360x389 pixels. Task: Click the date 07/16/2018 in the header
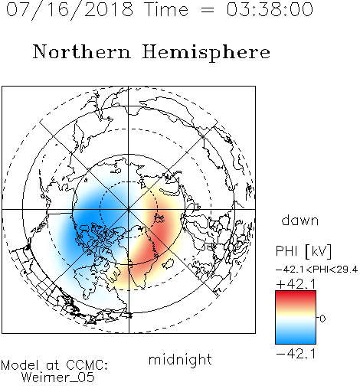(70, 10)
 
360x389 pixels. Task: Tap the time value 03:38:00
(270, 9)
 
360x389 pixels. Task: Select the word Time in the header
(166, 9)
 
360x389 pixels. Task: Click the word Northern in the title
(82, 52)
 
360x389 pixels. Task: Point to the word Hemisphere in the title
(206, 53)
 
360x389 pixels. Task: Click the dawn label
(300, 220)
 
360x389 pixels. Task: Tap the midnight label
(180, 359)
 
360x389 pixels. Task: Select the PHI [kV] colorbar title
(304, 251)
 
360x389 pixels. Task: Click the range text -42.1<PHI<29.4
(317, 270)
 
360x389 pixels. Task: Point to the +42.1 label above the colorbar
(296, 284)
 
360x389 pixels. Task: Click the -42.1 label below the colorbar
(296, 354)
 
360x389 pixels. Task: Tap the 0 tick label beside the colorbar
(322, 319)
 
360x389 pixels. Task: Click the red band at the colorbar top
(296, 296)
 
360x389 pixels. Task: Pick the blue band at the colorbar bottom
(296, 338)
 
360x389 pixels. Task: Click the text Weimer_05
(58, 378)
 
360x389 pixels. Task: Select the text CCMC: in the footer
(87, 365)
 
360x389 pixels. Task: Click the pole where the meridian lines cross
(129, 209)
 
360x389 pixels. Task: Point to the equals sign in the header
(208, 11)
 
